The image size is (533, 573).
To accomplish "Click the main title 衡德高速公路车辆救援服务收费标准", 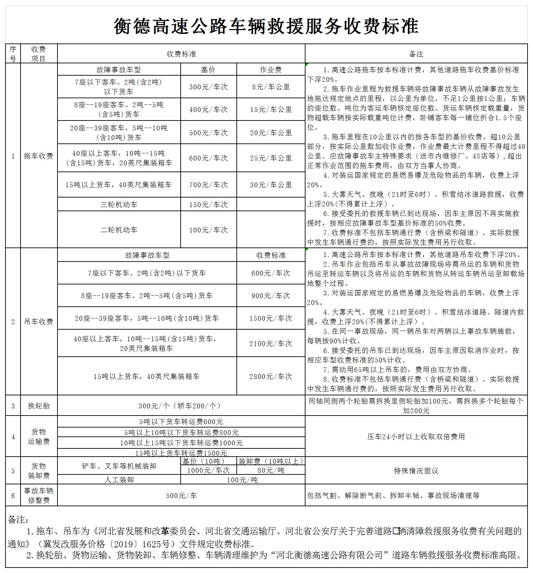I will click(266, 26).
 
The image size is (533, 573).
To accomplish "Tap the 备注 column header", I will click(416, 54).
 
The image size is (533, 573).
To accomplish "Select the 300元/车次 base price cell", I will click(208, 87).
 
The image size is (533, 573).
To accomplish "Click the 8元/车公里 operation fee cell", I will click(271, 87).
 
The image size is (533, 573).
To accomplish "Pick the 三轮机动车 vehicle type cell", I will click(119, 205).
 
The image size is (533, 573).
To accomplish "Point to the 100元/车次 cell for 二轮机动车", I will click(208, 230).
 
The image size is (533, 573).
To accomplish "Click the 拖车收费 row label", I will click(39, 156).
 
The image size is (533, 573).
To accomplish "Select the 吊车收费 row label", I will click(39, 322).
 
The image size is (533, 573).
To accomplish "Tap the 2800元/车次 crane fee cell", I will click(271, 376).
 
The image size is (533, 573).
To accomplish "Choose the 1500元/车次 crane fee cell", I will click(271, 318).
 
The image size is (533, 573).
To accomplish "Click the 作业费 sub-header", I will click(271, 70).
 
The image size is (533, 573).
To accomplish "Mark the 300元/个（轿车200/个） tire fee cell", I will click(181, 406).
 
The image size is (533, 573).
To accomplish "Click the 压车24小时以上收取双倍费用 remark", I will click(416, 437).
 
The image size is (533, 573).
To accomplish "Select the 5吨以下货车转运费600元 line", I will click(181, 422).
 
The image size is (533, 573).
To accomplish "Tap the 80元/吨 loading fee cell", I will click(271, 470).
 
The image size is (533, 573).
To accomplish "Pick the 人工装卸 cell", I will click(119, 480).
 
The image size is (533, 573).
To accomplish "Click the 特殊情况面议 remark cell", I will click(416, 471).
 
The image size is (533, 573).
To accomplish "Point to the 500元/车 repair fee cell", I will click(181, 496).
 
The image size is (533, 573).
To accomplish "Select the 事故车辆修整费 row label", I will click(39, 495).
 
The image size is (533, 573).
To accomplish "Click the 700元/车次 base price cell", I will click(208, 185).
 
